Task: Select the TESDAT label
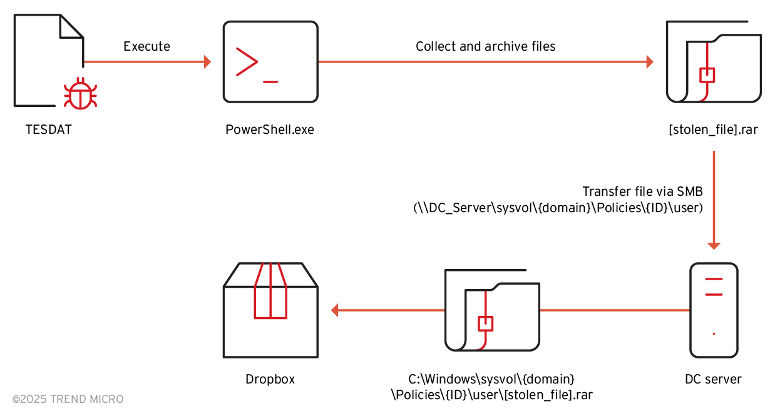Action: pos(49,130)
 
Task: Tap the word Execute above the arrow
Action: pos(146,46)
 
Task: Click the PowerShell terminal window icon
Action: pos(270,62)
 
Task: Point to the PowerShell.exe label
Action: pos(270,130)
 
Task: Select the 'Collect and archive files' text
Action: pos(485,46)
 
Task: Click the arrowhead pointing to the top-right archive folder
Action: pos(649,62)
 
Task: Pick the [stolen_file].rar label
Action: pos(714,130)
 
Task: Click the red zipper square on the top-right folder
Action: pos(707,75)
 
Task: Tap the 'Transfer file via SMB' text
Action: pos(643,191)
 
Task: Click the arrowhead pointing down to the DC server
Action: pos(714,245)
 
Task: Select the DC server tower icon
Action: pos(714,310)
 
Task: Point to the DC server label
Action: pos(714,379)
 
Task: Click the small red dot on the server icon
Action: pos(714,333)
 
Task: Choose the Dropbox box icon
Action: pos(270,310)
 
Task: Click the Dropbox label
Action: pos(270,379)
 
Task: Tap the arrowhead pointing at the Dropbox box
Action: pos(335,310)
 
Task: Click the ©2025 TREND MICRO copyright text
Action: pos(68,399)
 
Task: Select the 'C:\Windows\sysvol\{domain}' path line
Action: pos(491,379)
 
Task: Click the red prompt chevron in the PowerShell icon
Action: pos(246,61)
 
